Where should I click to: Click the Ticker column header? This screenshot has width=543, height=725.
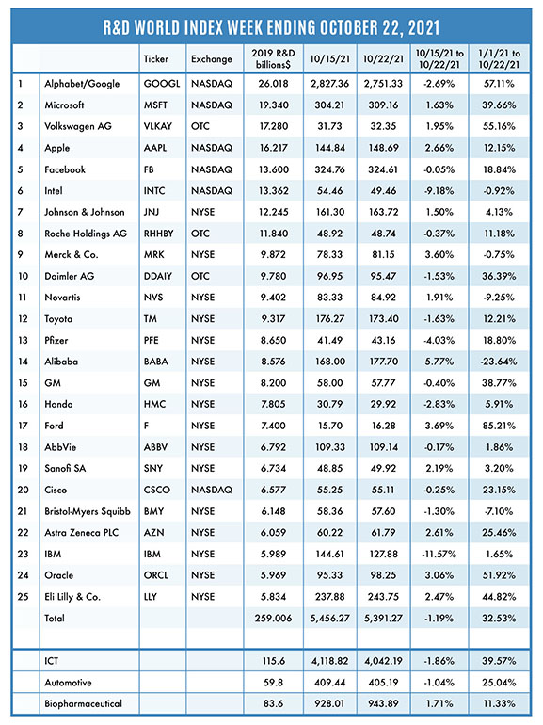coord(155,59)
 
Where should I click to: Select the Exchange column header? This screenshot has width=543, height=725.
coord(211,59)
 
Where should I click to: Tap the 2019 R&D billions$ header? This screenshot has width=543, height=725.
coord(273,58)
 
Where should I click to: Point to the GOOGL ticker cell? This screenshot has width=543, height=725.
coord(162,84)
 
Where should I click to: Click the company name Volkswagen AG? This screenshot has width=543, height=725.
coord(78,126)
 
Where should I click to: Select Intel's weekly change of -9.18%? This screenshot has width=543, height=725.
coord(439,190)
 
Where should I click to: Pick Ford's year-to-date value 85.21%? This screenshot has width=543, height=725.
coord(499,426)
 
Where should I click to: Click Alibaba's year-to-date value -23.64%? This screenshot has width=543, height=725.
coord(499,362)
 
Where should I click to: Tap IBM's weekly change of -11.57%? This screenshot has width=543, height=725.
coord(439,554)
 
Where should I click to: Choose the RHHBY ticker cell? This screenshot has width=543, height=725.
coord(158,234)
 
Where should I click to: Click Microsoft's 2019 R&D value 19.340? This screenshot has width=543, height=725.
coord(273,105)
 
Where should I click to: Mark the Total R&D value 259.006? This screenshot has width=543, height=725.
coord(273,619)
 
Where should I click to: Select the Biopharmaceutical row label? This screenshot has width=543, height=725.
coord(83,703)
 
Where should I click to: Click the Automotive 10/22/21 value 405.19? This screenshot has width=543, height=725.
coord(383,683)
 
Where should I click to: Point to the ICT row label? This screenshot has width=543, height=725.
coord(52,661)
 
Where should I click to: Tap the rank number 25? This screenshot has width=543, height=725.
coord(24,597)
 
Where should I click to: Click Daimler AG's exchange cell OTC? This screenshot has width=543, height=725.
coord(200,276)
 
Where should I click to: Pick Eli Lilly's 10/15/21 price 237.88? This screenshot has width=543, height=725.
coord(329,597)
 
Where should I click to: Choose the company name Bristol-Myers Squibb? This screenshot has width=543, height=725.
coord(88,511)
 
